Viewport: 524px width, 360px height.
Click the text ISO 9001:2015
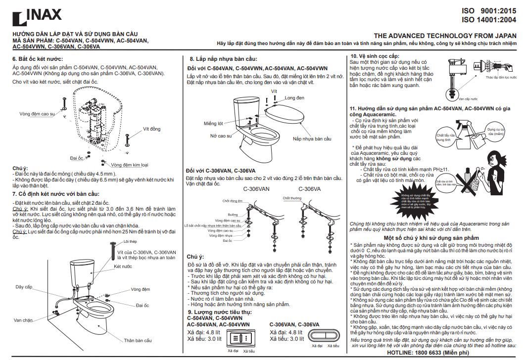(x=488, y=10)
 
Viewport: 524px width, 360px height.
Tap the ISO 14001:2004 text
(x=488, y=20)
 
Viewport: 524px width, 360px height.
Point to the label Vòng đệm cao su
(x=37, y=114)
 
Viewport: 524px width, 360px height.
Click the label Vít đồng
(x=152, y=129)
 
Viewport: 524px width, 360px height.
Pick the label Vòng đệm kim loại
(x=129, y=165)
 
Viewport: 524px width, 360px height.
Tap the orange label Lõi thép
(x=130, y=241)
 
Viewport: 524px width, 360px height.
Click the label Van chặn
(x=23, y=319)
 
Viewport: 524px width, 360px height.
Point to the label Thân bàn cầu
(x=138, y=341)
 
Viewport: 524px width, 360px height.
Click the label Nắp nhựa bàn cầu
(x=312, y=138)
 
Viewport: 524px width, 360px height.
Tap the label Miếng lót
(x=213, y=123)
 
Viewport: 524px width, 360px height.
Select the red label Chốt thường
(x=292, y=198)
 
